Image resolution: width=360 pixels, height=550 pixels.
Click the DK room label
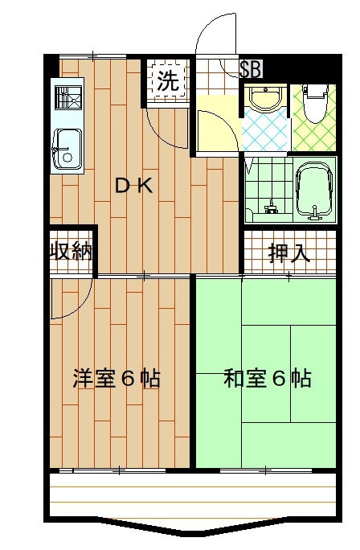134,186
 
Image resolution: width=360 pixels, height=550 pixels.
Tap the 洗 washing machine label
168,81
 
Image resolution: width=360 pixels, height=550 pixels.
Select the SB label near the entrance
250,69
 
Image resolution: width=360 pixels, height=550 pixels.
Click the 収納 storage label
72,251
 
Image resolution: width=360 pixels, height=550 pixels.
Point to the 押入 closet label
289,253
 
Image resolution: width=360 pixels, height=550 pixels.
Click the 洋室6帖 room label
117,378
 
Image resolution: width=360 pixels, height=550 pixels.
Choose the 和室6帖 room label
268,378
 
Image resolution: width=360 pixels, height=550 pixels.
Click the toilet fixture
315,103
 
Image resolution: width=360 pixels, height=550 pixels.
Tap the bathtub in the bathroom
314,191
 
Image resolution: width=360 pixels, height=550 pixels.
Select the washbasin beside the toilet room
264,99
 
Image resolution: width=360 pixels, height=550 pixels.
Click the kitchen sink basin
67,149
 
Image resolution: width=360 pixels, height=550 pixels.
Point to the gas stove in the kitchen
68,97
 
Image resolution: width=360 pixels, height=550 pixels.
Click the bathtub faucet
316,213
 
